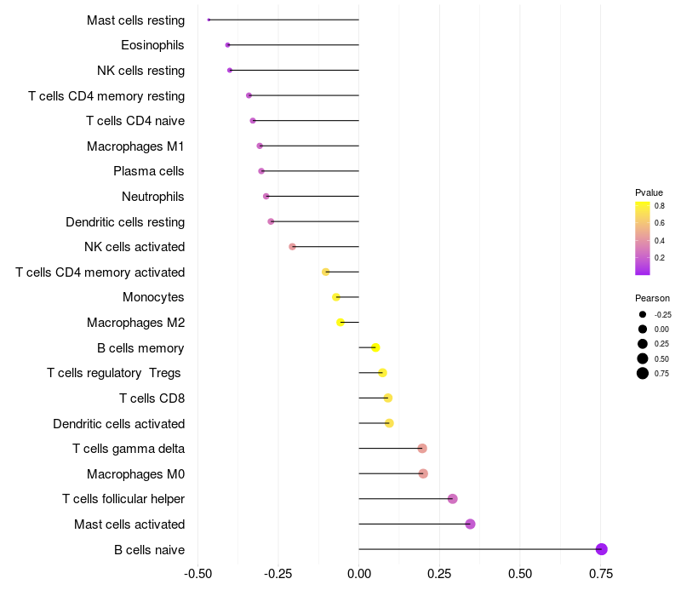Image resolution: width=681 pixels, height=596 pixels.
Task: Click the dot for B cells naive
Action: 601,549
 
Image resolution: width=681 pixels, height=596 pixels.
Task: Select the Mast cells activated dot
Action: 470,524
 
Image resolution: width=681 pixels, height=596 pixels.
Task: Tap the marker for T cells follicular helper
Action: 452,499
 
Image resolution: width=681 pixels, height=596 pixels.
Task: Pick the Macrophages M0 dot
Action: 423,473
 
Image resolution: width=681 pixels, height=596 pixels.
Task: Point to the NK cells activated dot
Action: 292,247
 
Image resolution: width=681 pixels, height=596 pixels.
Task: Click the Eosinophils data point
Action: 227,45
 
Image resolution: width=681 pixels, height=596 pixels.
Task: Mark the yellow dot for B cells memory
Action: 375,347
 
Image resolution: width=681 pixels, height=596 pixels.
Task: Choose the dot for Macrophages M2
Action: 340,322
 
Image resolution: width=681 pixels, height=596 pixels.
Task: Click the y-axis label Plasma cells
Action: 149,171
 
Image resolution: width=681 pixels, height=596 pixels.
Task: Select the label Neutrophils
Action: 153,197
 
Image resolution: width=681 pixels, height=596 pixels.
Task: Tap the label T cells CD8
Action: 152,398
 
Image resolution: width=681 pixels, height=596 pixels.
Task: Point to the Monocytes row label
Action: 153,297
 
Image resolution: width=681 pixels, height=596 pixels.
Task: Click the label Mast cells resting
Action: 135,20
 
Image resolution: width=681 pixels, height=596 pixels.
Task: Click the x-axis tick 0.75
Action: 601,575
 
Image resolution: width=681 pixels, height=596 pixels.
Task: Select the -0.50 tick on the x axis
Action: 198,575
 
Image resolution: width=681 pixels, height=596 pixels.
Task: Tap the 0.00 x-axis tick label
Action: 359,575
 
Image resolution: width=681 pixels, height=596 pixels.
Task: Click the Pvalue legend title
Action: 649,192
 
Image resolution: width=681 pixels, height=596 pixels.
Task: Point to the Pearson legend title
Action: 652,298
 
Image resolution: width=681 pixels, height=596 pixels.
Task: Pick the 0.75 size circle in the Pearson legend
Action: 643,373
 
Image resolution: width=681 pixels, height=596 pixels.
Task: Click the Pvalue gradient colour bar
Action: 643,238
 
